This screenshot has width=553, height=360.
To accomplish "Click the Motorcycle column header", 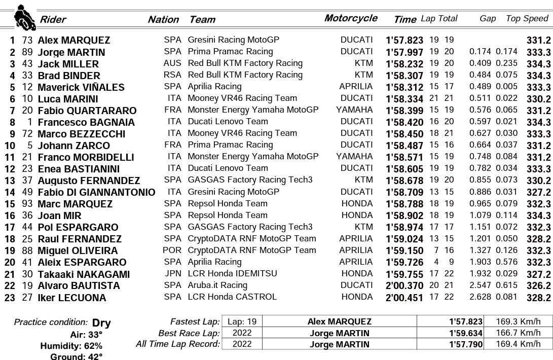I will (351, 18).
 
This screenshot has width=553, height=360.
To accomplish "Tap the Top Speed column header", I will (527, 19).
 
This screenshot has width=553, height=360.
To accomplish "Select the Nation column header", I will (163, 20).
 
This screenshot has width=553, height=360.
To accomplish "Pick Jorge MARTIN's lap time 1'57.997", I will (404, 52).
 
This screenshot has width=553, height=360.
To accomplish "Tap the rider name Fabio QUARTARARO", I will (87, 111).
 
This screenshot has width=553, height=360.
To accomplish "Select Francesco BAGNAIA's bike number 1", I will (30, 122).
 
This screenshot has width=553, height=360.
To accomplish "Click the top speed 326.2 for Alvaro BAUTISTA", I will (538, 286).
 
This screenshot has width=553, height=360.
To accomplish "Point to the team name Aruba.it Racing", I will (217, 285).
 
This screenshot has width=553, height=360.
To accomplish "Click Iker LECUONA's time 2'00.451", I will (404, 298).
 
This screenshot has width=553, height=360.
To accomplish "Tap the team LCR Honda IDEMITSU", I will (232, 273).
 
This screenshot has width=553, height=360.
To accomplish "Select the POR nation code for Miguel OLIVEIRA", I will (172, 250).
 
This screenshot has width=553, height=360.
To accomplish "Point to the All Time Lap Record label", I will (178, 344).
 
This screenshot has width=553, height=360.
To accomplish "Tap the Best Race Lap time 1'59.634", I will (464, 333).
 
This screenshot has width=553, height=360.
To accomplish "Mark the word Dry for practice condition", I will (101, 323).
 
